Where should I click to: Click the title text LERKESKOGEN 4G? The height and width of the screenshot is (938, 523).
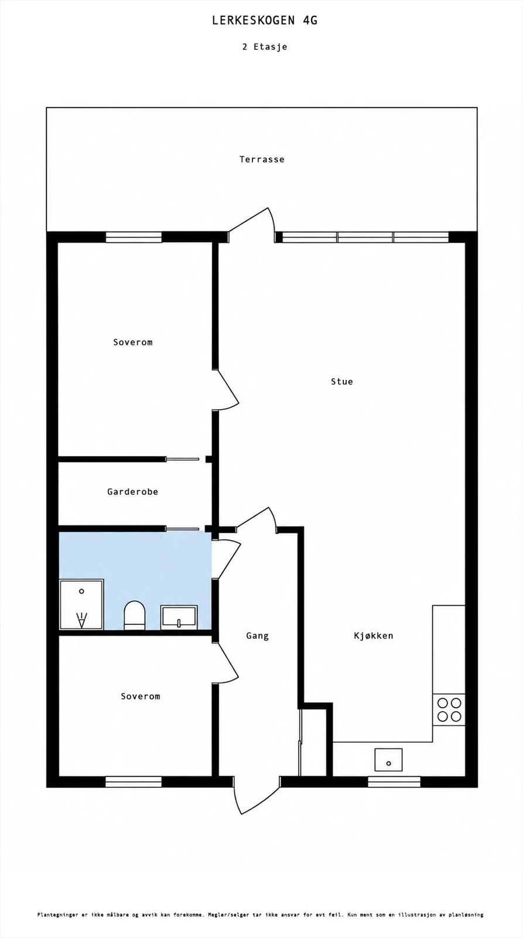click(x=265, y=21)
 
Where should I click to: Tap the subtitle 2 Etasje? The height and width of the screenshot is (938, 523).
click(x=265, y=46)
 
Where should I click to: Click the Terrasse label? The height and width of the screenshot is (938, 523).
click(x=262, y=159)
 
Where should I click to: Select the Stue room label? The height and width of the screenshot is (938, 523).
click(x=342, y=382)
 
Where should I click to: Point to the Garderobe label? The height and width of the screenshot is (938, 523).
click(x=132, y=492)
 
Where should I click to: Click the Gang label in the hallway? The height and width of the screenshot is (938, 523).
click(x=257, y=635)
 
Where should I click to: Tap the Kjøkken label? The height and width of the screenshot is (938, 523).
click(x=374, y=635)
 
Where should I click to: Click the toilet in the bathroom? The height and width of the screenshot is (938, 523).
click(x=134, y=615)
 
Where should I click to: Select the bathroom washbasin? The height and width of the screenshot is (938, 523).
click(x=179, y=617)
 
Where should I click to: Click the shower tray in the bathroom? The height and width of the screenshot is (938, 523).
click(x=81, y=604)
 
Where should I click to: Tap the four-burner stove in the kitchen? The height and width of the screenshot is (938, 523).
click(x=449, y=709)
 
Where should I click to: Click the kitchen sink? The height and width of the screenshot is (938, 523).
click(x=388, y=760)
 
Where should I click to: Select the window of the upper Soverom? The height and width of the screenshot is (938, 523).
click(x=134, y=237)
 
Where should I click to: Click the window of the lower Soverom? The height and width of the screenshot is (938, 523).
click(x=134, y=781)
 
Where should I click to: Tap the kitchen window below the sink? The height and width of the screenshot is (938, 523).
click(x=394, y=781)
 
